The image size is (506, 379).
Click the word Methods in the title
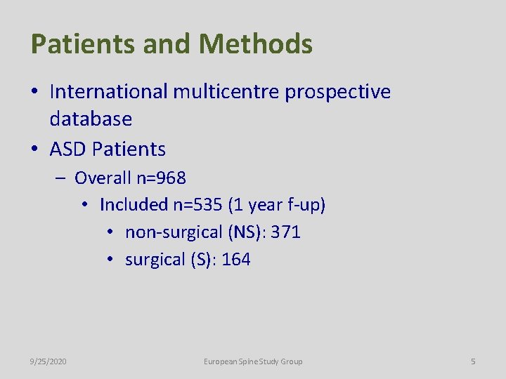[x=255, y=44]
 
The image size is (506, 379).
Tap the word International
[x=109, y=92]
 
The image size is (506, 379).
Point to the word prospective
[x=338, y=92]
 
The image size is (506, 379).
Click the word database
[x=91, y=119]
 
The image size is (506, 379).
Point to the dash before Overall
[x=61, y=178]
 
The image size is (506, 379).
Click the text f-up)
[x=306, y=205]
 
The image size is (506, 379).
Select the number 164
[x=235, y=260]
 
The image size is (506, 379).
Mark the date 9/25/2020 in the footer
[x=48, y=361]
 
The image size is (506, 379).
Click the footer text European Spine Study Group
[x=253, y=361]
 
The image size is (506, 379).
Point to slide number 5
[x=473, y=361]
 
